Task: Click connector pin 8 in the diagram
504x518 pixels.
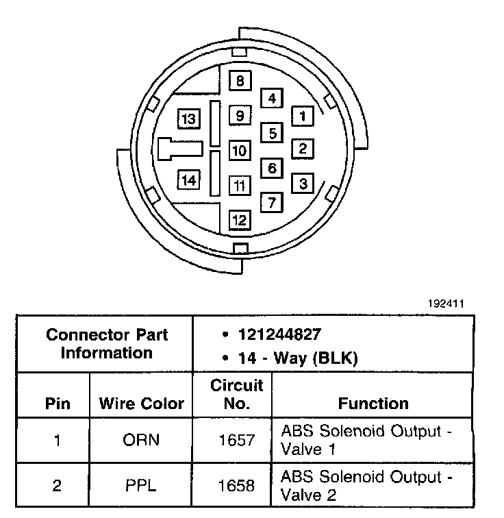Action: pos(240,82)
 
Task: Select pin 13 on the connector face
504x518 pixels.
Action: pos(189,119)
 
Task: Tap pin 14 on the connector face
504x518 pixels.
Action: pos(189,180)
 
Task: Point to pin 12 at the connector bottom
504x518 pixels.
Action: pos(240,220)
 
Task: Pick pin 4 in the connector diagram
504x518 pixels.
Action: pos(272,99)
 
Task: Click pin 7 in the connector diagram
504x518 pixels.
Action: pos(272,203)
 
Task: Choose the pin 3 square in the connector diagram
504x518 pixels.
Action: pos(303,183)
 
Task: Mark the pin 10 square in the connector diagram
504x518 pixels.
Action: pos(240,150)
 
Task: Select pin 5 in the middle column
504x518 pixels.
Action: pos(272,133)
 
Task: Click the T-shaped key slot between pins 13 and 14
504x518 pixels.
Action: pos(179,149)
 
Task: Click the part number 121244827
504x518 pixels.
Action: pos(279,334)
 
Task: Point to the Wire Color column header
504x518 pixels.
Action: pos(142,403)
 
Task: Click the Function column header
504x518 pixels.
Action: pos(373,403)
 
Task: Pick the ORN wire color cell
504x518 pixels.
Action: pos(141,439)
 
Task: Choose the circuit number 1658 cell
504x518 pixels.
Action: pos(236,485)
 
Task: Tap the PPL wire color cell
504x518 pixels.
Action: pos(141,485)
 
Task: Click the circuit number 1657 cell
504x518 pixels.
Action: pos(236,439)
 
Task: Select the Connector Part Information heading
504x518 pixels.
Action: pos(106,344)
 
